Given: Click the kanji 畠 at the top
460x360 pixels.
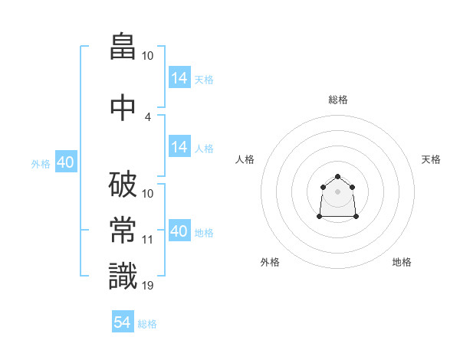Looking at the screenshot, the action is pyautogui.click(x=123, y=46).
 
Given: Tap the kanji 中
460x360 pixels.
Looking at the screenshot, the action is pyautogui.click(x=123, y=107).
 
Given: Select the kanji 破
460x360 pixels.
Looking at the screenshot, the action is pyautogui.click(x=123, y=185).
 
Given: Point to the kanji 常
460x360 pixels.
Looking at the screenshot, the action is pyautogui.click(x=123, y=230).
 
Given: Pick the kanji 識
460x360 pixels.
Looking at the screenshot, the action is pyautogui.click(x=123, y=276).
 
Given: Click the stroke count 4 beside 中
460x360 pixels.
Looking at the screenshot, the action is pyautogui.click(x=147, y=117).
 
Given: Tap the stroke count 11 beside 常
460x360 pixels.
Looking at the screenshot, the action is pyautogui.click(x=147, y=240).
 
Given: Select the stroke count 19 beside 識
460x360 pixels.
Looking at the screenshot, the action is pyautogui.click(x=147, y=286).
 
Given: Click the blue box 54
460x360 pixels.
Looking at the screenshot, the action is pyautogui.click(x=123, y=321).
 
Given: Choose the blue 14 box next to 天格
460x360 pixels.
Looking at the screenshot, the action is pyautogui.click(x=180, y=77).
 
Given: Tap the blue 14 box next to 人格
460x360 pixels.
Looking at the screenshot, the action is pyautogui.click(x=180, y=146).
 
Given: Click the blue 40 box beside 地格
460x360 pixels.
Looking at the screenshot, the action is pyautogui.click(x=180, y=230).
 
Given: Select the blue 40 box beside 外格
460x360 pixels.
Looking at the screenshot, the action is pyautogui.click(x=66, y=162).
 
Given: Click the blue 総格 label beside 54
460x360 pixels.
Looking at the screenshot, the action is pyautogui.click(x=147, y=324).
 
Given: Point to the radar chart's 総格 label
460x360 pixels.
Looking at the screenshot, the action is pyautogui.click(x=338, y=100).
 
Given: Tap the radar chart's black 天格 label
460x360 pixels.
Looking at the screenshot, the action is pyautogui.click(x=431, y=159).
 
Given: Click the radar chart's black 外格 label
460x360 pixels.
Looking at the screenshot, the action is pyautogui.click(x=270, y=262).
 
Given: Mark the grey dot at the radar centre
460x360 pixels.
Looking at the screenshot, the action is pyautogui.click(x=337, y=191).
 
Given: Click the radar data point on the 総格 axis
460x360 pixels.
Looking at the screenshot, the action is pyautogui.click(x=337, y=176).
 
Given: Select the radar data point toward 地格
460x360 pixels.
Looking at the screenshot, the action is pyautogui.click(x=356, y=216).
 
